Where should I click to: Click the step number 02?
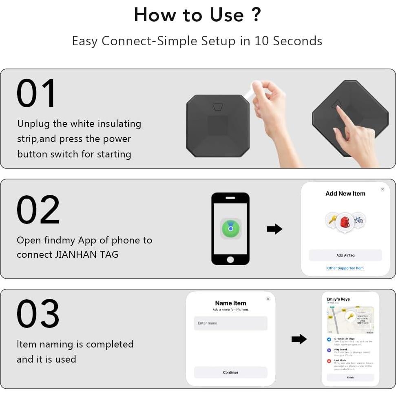tap(38, 210)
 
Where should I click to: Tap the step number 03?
tap(38, 314)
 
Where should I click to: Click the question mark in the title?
tap(256, 15)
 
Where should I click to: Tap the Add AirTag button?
tap(345, 255)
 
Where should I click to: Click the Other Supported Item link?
tap(345, 268)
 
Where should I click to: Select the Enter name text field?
tap(230, 323)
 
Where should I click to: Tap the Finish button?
tap(350, 377)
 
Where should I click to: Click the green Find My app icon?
tap(230, 229)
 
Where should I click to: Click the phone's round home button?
tap(230, 259)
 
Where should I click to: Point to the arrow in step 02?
tap(274, 229)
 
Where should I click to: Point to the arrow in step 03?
tap(299, 339)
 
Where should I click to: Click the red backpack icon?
tap(345, 222)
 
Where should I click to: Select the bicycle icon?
tap(358, 220)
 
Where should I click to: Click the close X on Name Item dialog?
tap(268, 299)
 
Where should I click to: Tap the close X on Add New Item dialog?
tap(382, 189)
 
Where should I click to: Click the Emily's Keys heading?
tap(338, 299)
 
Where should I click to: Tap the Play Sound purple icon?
tap(329, 350)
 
